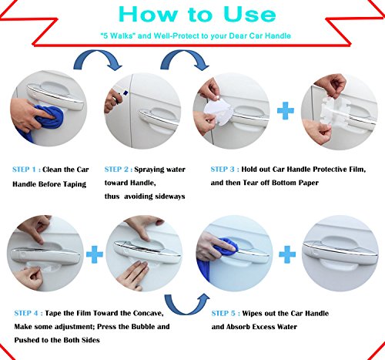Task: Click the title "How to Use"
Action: (x=192, y=15)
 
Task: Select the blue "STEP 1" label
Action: (x=28, y=170)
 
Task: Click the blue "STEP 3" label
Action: (x=226, y=170)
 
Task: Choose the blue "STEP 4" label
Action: (x=28, y=315)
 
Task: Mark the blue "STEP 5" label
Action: (x=226, y=315)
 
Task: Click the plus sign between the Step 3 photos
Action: (x=287, y=110)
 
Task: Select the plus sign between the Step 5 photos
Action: (x=286, y=252)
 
